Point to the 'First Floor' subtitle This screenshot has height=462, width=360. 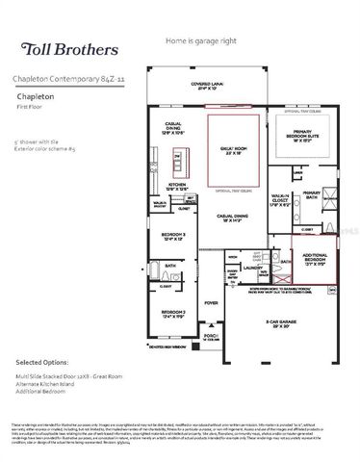click(x=29, y=107)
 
